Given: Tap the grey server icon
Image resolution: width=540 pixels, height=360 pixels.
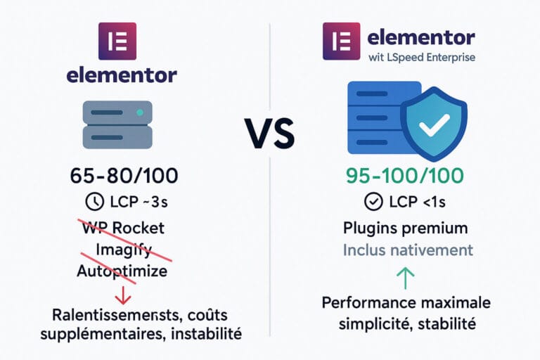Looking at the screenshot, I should [x=117, y=124].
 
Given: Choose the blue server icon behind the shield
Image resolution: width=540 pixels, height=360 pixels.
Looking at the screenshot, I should [x=373, y=118].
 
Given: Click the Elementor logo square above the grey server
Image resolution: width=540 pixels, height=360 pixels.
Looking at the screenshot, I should [x=117, y=39].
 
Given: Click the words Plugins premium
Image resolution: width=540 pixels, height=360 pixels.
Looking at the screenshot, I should [x=406, y=229].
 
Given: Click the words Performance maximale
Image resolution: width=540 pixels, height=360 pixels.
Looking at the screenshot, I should [x=406, y=303].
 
